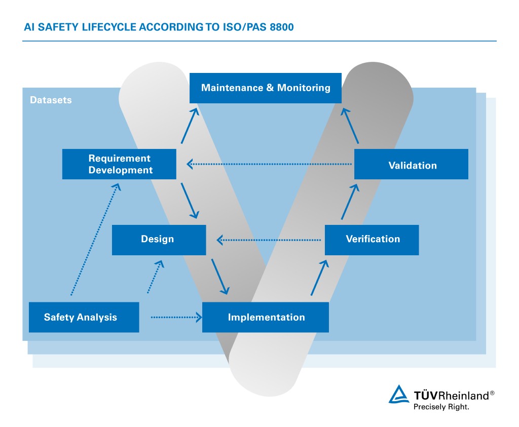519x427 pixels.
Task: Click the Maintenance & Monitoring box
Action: coord(266,88)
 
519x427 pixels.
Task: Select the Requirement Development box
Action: coord(119,164)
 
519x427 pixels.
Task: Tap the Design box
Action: coord(159,240)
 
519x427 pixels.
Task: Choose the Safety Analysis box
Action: coord(84,318)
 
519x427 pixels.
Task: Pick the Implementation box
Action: coord(266,318)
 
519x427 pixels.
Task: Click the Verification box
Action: coord(372,240)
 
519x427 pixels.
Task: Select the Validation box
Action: coord(411,164)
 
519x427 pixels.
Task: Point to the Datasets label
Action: coord(51,100)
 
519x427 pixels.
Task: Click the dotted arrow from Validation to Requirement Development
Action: coord(269,164)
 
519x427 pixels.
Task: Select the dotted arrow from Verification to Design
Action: coord(271,240)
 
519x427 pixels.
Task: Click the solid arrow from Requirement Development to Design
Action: coord(189,200)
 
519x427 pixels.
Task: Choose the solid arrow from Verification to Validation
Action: coord(350,201)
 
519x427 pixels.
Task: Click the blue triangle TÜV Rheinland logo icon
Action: coord(399,395)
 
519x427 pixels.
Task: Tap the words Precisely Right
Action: coord(441,406)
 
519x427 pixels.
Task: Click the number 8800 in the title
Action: coord(278,27)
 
